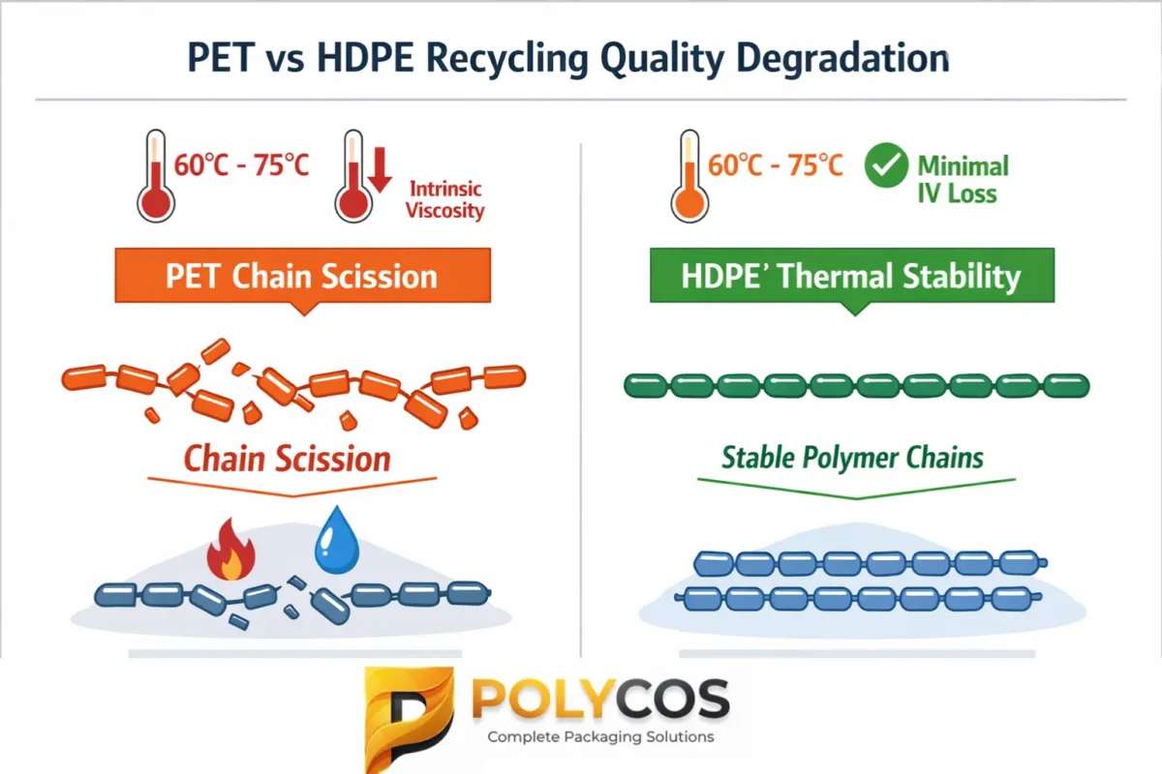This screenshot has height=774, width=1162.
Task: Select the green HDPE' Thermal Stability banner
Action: tap(851, 277)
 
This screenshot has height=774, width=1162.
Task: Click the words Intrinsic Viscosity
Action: tap(444, 198)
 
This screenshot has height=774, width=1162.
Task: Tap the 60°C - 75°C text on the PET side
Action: tap(242, 165)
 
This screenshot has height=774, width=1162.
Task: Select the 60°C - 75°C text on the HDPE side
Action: tap(776, 165)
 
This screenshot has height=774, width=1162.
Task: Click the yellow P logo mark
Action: tap(409, 711)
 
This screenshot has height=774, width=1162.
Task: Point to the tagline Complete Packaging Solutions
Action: tap(600, 737)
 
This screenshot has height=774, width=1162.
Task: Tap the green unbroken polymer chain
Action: tap(856, 386)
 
